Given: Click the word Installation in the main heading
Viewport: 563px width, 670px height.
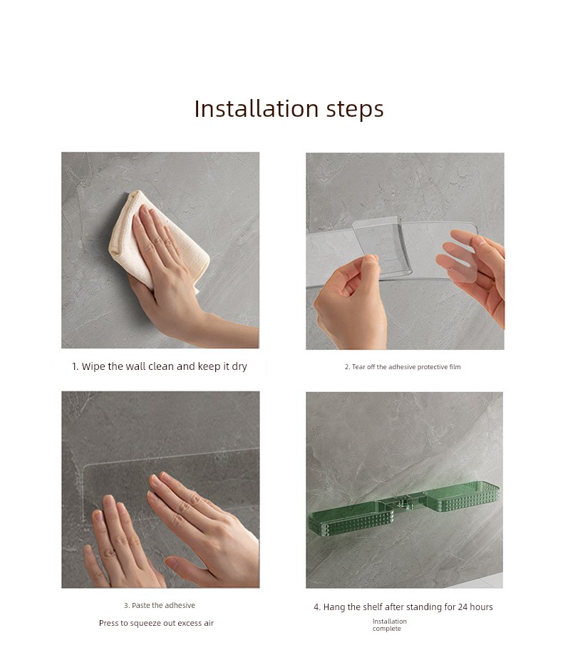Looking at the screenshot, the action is (x=257, y=108).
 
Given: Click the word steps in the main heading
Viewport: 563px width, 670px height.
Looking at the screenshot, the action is (x=356, y=110).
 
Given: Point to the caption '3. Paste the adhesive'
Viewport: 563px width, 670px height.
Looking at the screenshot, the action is (x=160, y=605).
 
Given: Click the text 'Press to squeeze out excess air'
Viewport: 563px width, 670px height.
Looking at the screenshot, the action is (x=156, y=624).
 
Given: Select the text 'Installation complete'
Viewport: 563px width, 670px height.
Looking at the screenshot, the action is (x=389, y=625).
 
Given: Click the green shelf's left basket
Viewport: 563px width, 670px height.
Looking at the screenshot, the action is (x=352, y=519).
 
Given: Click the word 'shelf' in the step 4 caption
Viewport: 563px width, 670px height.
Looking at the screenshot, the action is (x=373, y=607).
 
